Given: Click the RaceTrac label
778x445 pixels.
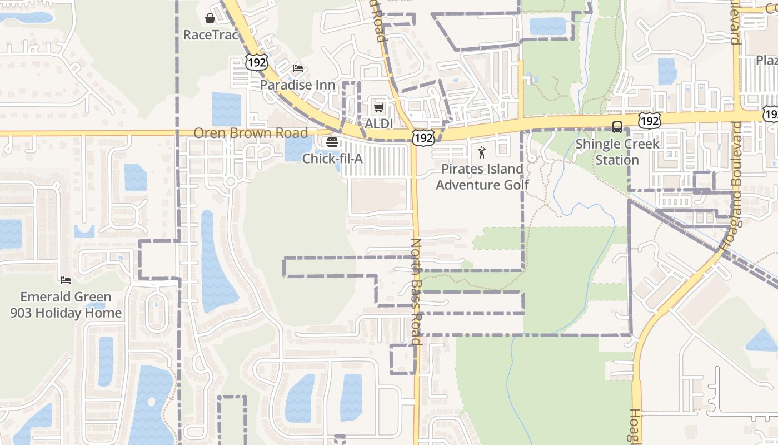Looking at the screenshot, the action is click(210, 35).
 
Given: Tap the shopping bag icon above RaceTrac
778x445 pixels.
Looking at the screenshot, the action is click(210, 19).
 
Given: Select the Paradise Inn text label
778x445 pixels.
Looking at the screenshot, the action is click(298, 85).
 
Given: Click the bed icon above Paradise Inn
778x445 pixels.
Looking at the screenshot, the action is click(298, 68).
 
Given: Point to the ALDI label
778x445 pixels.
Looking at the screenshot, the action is click(379, 123).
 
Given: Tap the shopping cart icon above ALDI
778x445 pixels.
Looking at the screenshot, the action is click(379, 107).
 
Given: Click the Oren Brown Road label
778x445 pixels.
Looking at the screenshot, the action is click(250, 133).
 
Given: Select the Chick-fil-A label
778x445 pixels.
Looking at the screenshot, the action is click(332, 159).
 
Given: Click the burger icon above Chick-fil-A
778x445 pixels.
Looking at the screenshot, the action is click(332, 142).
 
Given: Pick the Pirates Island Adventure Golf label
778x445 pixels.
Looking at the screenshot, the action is click(482, 177).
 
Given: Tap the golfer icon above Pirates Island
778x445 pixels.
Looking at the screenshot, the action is click(482, 152).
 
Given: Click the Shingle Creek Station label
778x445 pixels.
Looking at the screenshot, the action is click(617, 152).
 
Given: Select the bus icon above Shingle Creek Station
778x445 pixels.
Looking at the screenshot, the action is click(617, 127).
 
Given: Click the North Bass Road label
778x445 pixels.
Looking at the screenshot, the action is click(416, 291).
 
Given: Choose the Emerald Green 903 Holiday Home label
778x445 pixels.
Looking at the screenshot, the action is click(66, 305).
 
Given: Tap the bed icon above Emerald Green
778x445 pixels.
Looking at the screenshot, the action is click(66, 280).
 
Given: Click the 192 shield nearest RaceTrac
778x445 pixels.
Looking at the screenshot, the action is click(257, 62).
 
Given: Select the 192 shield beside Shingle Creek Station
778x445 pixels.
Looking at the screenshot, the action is click(649, 120).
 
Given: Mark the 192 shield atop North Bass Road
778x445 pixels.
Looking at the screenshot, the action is click(423, 138).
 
